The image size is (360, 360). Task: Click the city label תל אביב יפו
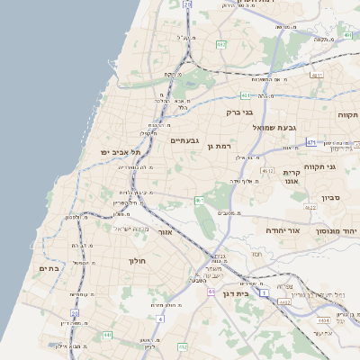[x=119, y=152]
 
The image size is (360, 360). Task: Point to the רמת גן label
[x=220, y=145]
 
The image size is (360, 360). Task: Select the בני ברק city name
[x=242, y=112]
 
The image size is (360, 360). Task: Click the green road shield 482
[x=220, y=43]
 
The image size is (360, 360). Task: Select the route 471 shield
[x=310, y=141]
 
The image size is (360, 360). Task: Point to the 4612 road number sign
[x=267, y=169]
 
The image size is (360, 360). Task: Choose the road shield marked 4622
[x=310, y=208]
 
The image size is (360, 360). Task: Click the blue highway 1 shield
[x=264, y=292]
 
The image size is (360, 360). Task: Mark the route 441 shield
[x=107, y=335]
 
